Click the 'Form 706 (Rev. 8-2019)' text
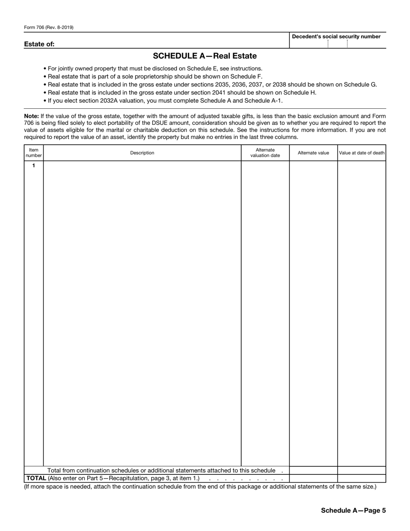pyautogui.click(x=49, y=28)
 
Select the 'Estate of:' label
pyautogui.click(x=39, y=44)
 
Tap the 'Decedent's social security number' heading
pyautogui.click(x=336, y=37)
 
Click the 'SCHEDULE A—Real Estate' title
pyautogui.click(x=205, y=56)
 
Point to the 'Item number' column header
pyautogui.click(x=34, y=153)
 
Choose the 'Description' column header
pyautogui.click(x=142, y=153)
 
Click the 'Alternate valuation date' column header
pyautogui.click(x=265, y=153)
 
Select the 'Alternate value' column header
pyautogui.click(x=313, y=153)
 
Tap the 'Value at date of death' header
pyautogui.click(x=362, y=153)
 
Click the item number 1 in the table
pyautogui.click(x=34, y=166)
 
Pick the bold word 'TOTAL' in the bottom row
pyautogui.click(x=36, y=478)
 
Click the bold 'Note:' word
pyautogui.click(x=32, y=116)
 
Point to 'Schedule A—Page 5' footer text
pyautogui.click(x=353, y=510)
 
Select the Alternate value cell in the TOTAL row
pyautogui.click(x=313, y=478)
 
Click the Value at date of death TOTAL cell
pyautogui.click(x=362, y=478)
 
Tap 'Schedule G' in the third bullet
pyautogui.click(x=359, y=85)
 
